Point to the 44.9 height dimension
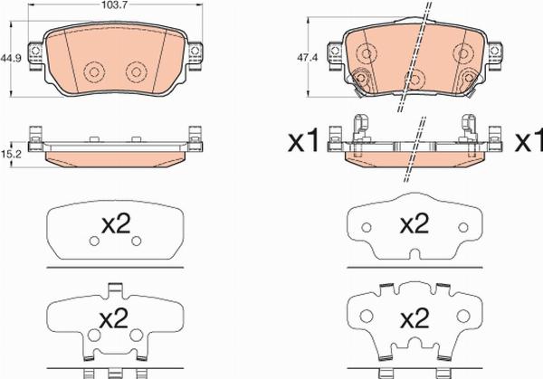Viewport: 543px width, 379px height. pos(10,58)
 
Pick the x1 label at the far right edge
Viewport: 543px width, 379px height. pos(528,142)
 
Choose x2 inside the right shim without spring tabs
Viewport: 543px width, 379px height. pos(414,223)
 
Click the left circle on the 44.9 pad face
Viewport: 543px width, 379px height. pos(93,71)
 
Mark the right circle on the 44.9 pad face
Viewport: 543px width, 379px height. pos(136,71)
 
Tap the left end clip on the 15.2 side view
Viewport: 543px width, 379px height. pos(36,138)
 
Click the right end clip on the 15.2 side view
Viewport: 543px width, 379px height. pos(194,138)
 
